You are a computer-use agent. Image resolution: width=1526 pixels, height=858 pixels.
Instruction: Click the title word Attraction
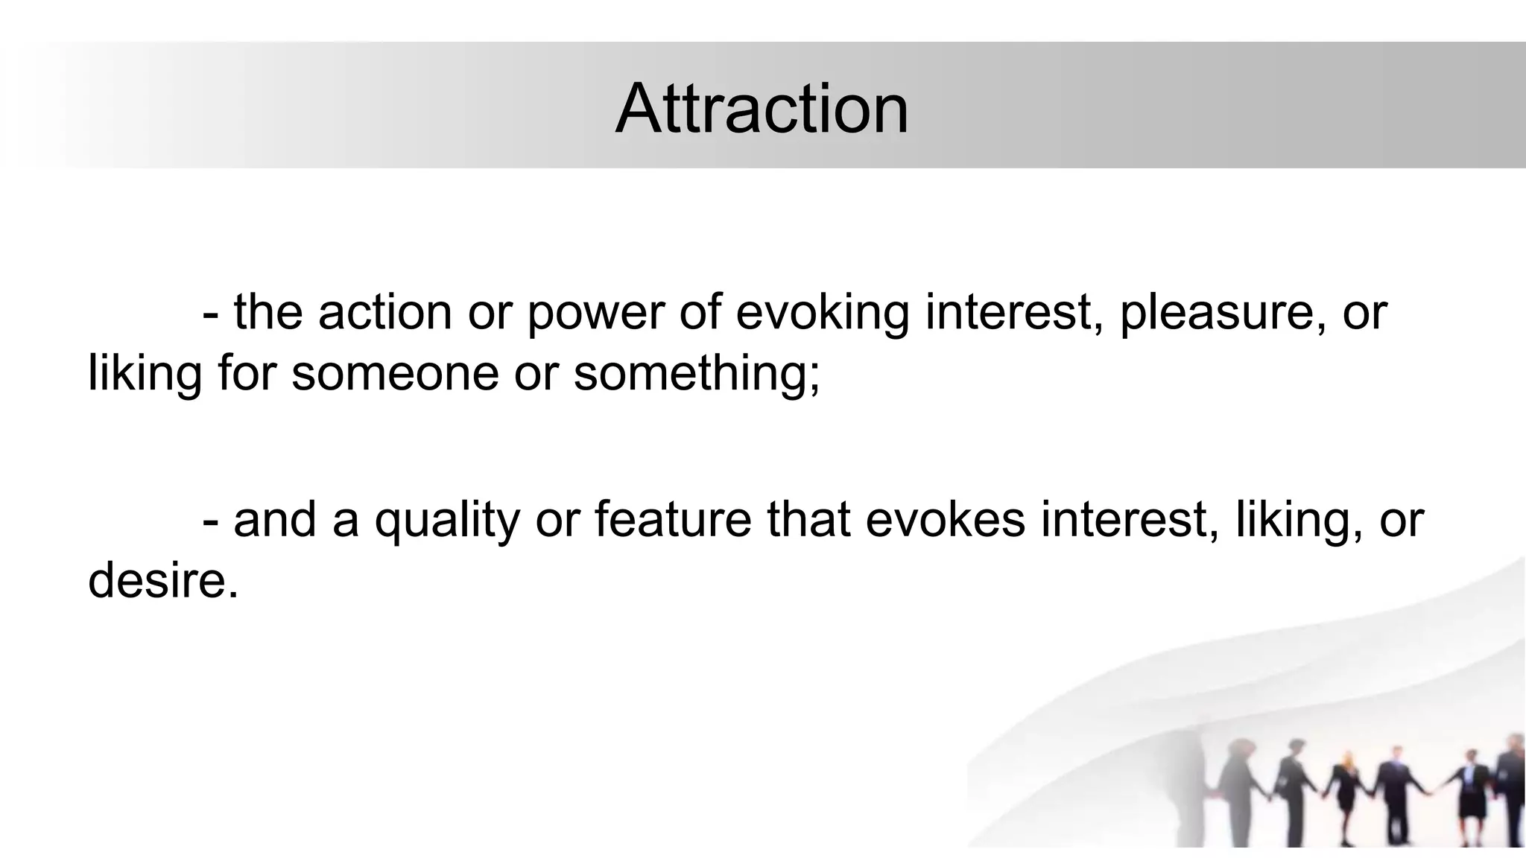click(762, 109)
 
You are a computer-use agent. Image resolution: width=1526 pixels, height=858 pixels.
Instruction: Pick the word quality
click(446, 519)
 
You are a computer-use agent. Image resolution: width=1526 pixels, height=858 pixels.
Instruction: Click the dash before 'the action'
click(210, 313)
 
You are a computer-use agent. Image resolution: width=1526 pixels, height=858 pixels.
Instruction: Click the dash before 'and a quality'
click(210, 521)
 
